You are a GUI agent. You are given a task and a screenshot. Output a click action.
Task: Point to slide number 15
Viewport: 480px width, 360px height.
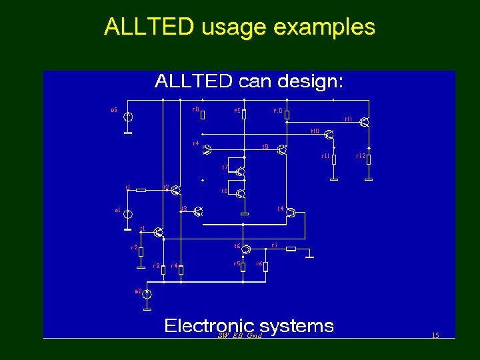point(435,335)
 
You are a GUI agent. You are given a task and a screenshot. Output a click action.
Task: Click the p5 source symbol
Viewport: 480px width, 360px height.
point(129,117)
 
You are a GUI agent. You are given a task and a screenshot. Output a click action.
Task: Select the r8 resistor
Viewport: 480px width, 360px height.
point(203,115)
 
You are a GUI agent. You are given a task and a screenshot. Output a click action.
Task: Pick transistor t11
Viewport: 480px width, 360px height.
point(364,121)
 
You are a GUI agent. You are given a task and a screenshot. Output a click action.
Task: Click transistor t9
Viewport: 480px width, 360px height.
point(282,150)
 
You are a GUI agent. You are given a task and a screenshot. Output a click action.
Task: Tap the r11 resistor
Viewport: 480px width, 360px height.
point(334,159)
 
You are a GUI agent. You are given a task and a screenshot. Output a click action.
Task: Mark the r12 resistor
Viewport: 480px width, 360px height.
point(369,159)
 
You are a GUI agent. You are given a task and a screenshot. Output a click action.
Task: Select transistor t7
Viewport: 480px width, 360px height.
point(240,173)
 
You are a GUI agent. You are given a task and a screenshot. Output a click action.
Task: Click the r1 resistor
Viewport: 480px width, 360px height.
point(141,190)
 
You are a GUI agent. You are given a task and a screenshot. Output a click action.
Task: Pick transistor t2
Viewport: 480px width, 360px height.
point(174,190)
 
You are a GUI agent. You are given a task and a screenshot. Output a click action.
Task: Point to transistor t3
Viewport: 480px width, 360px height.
point(197,212)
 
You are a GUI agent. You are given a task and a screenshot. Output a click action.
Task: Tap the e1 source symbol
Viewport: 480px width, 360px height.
point(129,215)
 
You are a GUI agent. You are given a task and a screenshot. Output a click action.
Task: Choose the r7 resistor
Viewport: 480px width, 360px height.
point(291,249)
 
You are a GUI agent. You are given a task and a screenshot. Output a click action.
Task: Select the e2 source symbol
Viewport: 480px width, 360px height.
point(148,294)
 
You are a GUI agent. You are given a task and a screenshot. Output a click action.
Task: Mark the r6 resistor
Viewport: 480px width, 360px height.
point(265,267)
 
